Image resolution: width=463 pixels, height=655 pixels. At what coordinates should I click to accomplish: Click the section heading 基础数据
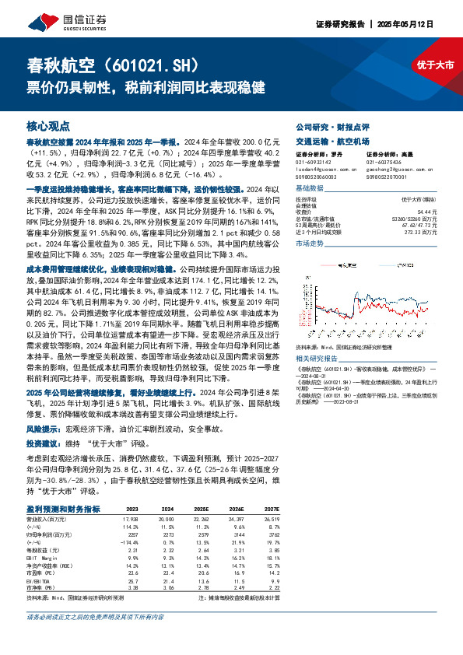[309, 188]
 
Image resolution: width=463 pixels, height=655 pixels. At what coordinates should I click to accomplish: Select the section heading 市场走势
[309, 243]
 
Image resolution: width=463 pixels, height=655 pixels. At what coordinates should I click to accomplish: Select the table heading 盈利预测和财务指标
[63, 509]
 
